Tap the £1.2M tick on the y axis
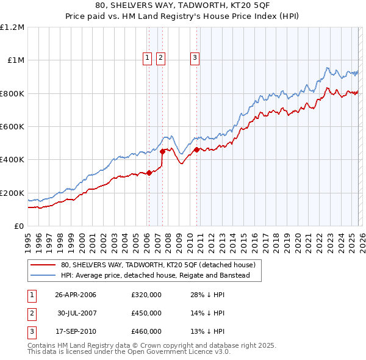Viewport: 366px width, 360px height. pyautogui.click(x=12, y=27)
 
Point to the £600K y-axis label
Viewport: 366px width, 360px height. pyautogui.click(x=12, y=127)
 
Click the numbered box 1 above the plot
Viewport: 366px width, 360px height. pyautogui.click(x=148, y=58)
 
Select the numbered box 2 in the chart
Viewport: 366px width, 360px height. pyautogui.click(x=160, y=58)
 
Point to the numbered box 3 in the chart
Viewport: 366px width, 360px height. pyautogui.click(x=195, y=58)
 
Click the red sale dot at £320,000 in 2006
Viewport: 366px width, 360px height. pyautogui.click(x=149, y=173)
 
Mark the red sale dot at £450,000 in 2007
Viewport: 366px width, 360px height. pyautogui.click(x=163, y=151)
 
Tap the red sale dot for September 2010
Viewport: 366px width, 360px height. pyautogui.click(x=196, y=149)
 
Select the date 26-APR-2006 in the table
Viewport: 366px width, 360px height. pyautogui.click(x=75, y=295)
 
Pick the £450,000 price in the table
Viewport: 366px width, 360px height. pyautogui.click(x=146, y=313)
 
